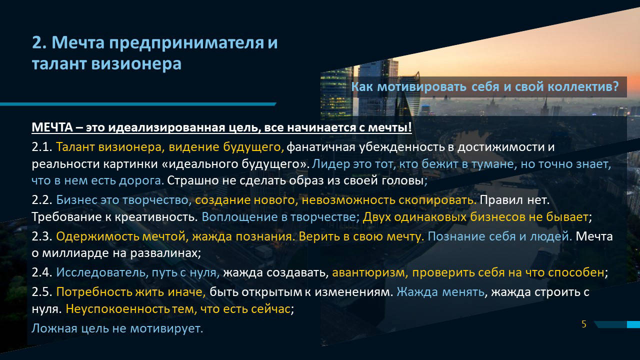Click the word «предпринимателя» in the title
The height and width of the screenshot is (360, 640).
186,43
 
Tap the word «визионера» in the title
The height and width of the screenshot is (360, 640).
136,63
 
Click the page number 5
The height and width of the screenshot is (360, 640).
584,324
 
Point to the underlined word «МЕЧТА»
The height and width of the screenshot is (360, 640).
52,127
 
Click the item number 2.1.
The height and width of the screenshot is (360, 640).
41,147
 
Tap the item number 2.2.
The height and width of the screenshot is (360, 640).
41,200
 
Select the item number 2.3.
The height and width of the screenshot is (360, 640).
41,236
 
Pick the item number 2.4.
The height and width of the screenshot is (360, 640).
41,272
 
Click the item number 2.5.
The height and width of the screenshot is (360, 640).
41,292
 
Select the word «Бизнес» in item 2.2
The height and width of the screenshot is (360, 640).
76,200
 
